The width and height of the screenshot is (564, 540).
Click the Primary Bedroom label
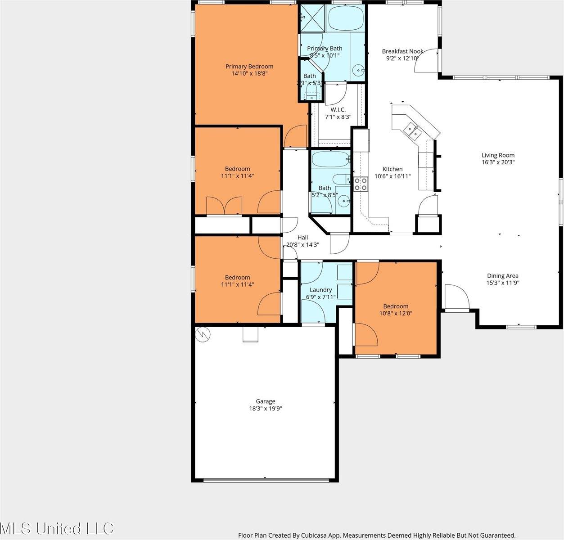[249, 67]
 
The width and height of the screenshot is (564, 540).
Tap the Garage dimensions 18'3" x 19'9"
[265, 409]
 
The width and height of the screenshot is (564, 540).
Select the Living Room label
[498, 155]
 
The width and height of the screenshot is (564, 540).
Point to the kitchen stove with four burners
[360, 184]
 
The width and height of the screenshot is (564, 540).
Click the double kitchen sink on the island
[412, 130]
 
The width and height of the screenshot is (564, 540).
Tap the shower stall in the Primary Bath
[311, 18]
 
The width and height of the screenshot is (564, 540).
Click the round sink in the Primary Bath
[358, 70]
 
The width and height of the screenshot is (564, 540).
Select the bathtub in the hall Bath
[330, 158]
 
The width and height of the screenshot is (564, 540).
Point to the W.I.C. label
[338, 109]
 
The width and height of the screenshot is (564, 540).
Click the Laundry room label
[321, 290]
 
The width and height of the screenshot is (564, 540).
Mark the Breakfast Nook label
[402, 51]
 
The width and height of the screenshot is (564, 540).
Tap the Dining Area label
[502, 276]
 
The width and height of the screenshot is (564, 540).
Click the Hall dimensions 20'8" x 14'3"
[302, 245]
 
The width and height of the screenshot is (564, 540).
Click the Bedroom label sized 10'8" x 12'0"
[396, 306]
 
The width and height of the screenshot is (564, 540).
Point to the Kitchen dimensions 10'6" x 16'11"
[393, 176]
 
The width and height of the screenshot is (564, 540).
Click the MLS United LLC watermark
[57, 528]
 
